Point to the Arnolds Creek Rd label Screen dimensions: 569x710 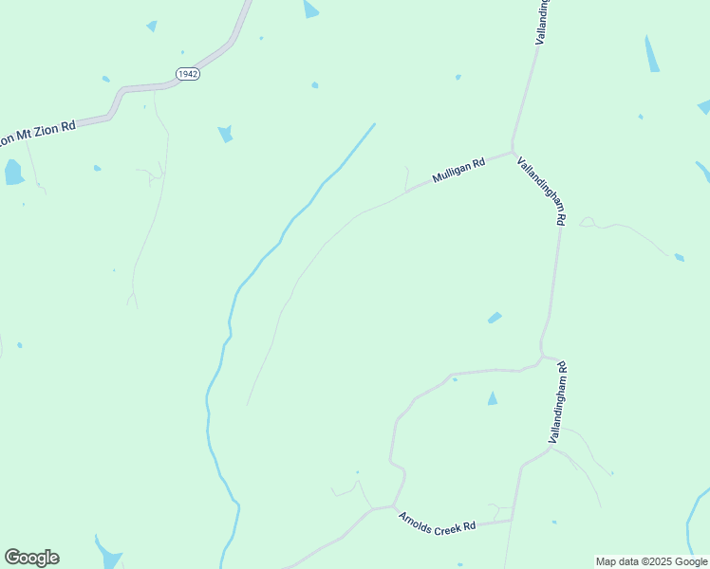coord(437,523)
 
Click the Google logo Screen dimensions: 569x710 coord(31,558)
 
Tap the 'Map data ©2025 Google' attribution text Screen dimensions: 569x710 coord(651,561)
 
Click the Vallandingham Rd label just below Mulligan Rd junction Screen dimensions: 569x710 coord(542,191)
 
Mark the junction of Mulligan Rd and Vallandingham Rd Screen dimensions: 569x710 coord(513,152)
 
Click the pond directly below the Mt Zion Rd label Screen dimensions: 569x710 coord(13,172)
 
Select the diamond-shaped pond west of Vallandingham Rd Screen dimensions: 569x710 coord(495,317)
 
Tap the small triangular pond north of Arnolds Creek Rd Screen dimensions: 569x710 coord(492,398)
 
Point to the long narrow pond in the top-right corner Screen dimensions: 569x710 coord(651,54)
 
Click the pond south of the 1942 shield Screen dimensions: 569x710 coord(225,134)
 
